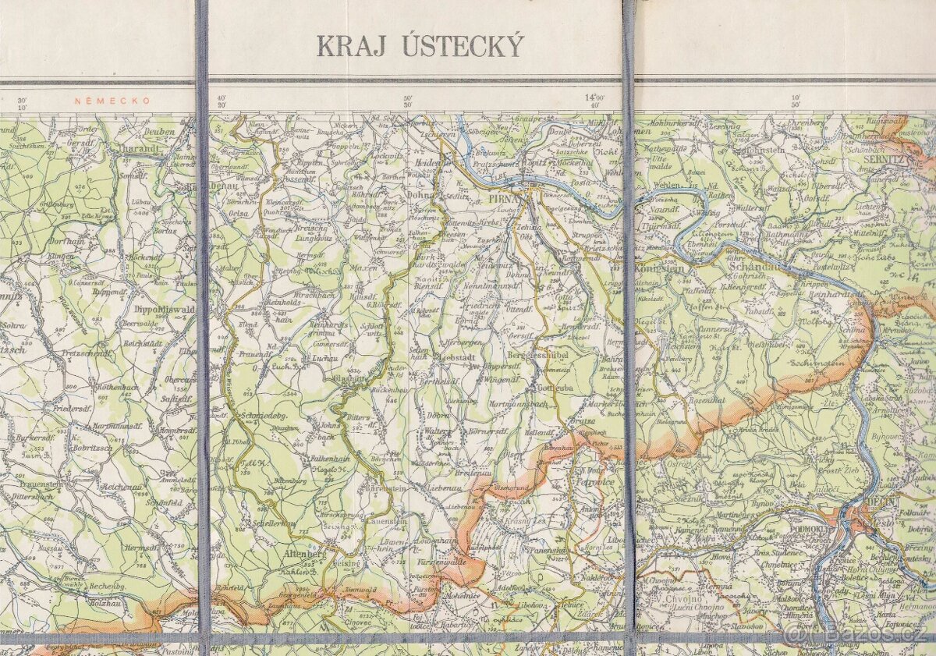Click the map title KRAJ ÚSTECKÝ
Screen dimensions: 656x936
coord(420,47)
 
